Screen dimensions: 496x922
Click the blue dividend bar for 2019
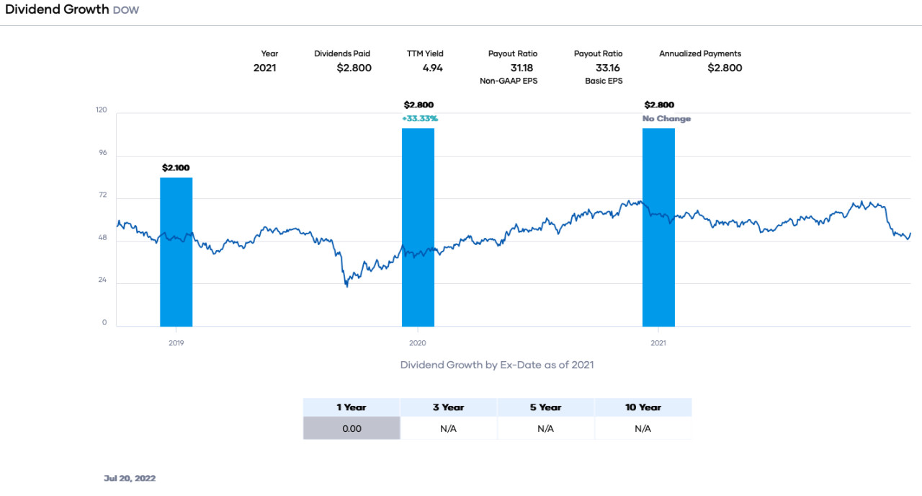pos(176,252)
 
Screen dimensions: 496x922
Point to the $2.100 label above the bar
pos(176,168)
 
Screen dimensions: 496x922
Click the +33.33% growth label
pos(419,118)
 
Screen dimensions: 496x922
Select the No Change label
pos(666,118)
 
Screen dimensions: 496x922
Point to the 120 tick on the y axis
pos(101,110)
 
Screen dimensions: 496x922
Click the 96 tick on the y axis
pos(102,153)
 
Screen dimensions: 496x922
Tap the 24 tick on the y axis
pos(102,280)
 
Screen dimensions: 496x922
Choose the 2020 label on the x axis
pos(418,343)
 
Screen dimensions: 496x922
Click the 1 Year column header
pos(352,407)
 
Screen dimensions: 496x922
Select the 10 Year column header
pos(643,407)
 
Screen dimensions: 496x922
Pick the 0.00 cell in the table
pos(352,428)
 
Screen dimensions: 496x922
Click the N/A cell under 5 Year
pos(545,428)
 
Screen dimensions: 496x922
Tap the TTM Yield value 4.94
pos(432,68)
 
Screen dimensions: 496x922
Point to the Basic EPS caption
pos(604,81)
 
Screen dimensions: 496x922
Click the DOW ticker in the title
pos(126,11)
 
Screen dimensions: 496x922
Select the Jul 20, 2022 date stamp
pos(130,478)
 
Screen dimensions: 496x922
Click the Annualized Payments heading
pos(699,53)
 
